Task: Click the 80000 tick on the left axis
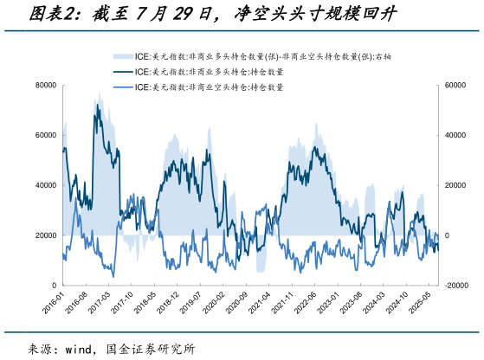coord(45,86)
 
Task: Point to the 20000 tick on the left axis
coord(45,235)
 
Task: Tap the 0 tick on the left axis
coord(53,286)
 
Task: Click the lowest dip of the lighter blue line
coord(113,276)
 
